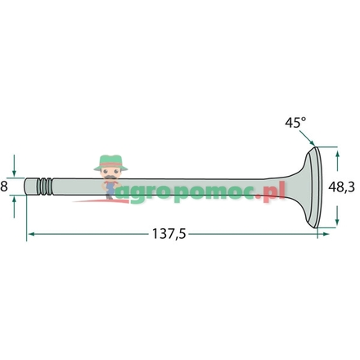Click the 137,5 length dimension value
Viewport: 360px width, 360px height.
point(169,234)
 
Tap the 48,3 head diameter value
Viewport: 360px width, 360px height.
point(341,187)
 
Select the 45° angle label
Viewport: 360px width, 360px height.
point(295,123)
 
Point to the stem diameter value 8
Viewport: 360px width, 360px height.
point(4,187)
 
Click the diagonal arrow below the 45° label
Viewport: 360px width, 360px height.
point(307,138)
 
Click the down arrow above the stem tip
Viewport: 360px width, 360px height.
point(14,165)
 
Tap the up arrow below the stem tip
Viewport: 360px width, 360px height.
point(14,207)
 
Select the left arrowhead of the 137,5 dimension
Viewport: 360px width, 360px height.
point(31,234)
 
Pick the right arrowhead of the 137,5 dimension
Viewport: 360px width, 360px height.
point(326,234)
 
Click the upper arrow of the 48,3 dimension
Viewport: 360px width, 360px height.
point(337,161)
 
